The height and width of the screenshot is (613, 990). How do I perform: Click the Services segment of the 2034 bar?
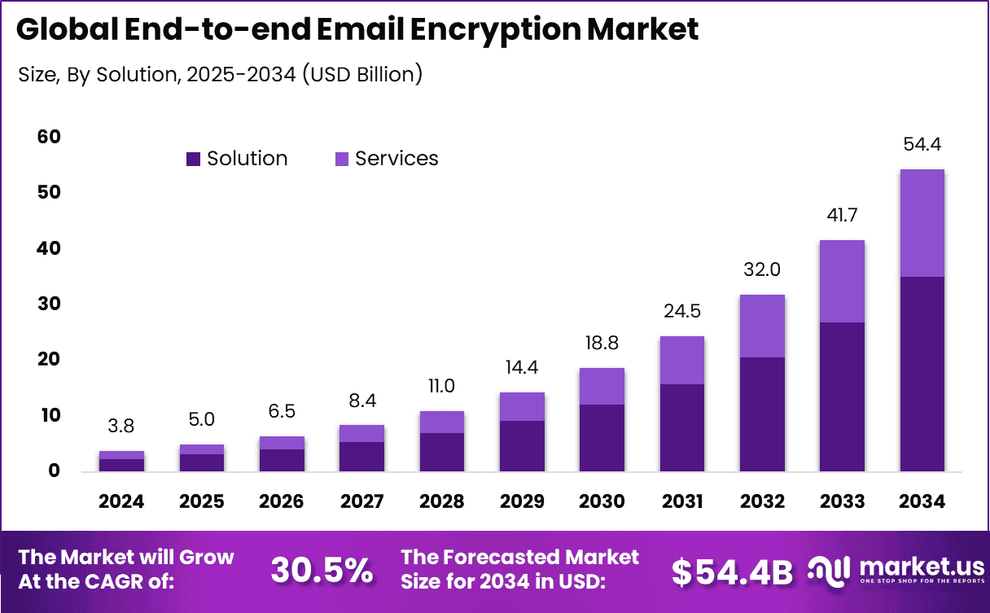pos(922,223)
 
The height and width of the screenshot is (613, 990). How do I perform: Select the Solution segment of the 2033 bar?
pos(842,396)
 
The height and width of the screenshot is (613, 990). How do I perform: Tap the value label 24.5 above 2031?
pos(682,311)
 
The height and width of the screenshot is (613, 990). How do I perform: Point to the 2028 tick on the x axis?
pos(441,501)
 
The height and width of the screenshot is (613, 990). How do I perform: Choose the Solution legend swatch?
pos(193,159)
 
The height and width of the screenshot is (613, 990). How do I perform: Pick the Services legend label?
pos(396,159)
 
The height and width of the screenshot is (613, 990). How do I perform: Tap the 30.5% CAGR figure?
pos(321,570)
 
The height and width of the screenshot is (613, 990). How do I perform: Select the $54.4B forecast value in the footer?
pos(732,571)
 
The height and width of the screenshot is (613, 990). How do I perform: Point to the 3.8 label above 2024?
pos(121,426)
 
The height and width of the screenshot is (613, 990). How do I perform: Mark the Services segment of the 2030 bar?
pos(602,386)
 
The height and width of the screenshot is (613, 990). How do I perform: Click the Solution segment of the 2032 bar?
pos(762,414)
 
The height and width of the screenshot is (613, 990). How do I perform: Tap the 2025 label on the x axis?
pos(201,501)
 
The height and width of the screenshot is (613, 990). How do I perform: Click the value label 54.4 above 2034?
pos(922,145)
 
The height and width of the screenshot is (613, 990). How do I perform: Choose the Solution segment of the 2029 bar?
pos(522,445)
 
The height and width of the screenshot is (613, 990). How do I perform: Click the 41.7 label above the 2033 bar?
pos(842,216)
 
